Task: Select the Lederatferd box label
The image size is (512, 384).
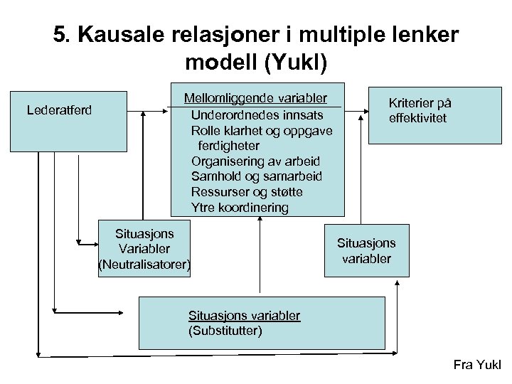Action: [60, 110]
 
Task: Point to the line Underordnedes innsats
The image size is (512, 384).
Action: [257, 114]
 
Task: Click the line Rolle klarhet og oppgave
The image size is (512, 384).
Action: [262, 130]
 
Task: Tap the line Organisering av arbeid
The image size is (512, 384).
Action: [255, 161]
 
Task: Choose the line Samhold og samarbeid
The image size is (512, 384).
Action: [256, 176]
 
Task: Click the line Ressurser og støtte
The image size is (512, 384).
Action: [247, 192]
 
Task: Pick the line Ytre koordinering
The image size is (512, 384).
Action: [240, 208]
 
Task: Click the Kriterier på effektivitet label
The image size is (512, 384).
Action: [420, 110]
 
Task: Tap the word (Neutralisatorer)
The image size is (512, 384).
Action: [144, 265]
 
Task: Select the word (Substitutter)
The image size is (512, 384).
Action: [225, 331]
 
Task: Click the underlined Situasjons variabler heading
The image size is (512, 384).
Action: [244, 315]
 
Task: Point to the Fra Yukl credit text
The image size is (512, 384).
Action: [476, 366]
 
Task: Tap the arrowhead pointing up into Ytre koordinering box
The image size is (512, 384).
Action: [261, 220]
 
